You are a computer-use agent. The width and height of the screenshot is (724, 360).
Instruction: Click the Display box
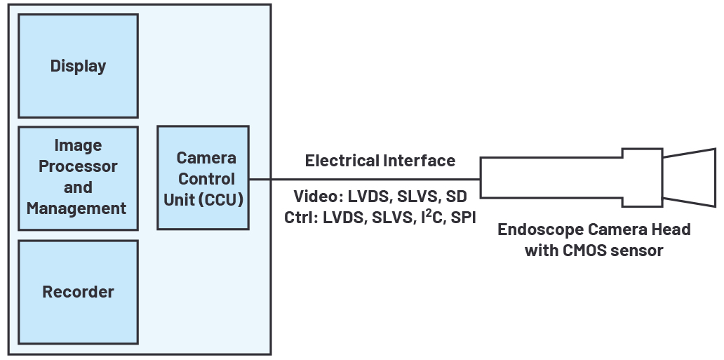[x=78, y=66]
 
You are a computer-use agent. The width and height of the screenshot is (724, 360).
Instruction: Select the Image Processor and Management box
[x=78, y=178]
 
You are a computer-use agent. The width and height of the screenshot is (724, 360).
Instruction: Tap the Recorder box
[x=78, y=292]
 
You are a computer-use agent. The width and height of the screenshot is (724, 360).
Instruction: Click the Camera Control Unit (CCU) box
[x=203, y=178]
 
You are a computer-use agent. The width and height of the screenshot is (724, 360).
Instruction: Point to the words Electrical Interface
[x=380, y=161]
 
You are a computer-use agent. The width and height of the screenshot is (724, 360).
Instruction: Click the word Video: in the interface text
[x=318, y=196]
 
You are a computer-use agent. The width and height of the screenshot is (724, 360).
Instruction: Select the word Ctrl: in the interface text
[x=302, y=218]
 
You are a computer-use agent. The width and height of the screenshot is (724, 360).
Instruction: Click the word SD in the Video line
[x=456, y=196]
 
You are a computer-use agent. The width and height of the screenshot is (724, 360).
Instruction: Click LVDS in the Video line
[x=368, y=196]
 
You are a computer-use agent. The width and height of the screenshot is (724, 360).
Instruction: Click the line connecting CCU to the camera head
[x=365, y=179]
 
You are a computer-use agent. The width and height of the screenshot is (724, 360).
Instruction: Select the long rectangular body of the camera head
[x=551, y=178]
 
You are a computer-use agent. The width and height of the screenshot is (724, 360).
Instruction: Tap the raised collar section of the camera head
[x=642, y=178]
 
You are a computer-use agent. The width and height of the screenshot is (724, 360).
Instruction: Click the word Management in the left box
[x=76, y=208]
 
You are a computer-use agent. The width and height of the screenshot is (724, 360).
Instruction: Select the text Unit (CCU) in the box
[x=203, y=199]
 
